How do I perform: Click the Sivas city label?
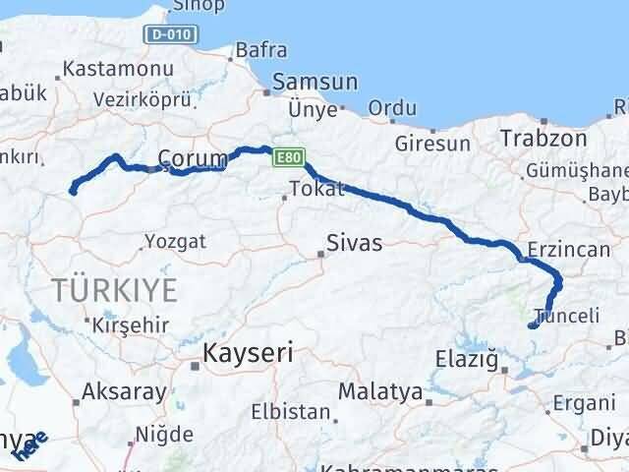[353, 242]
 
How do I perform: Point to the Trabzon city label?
[543, 139]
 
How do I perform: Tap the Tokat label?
[316, 189]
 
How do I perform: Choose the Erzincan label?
[569, 250]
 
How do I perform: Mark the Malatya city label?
[380, 391]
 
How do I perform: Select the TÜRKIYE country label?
[115, 289]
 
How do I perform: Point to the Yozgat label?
[175, 241]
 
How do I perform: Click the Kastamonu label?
[117, 70]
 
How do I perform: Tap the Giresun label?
[432, 144]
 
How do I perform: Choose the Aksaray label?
[124, 391]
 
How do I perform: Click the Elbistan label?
[282, 411]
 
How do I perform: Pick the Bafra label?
[260, 49]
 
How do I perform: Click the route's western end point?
[73, 191]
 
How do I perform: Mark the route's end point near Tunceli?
[532, 324]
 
